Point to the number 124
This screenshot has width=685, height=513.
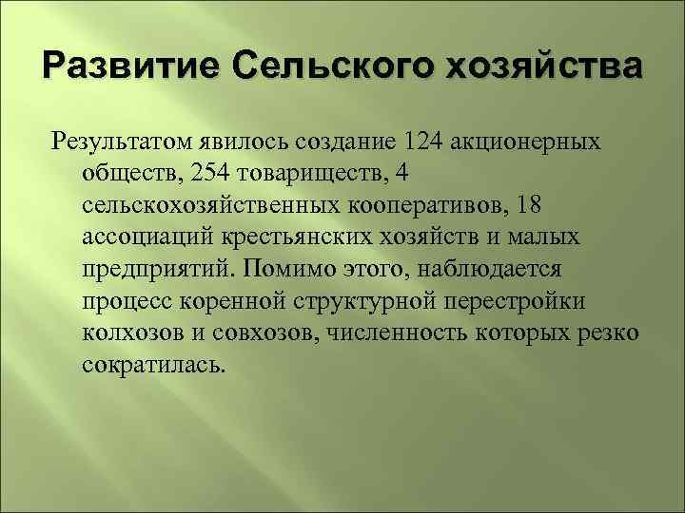coord(422,142)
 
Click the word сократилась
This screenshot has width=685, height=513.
coord(155,363)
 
